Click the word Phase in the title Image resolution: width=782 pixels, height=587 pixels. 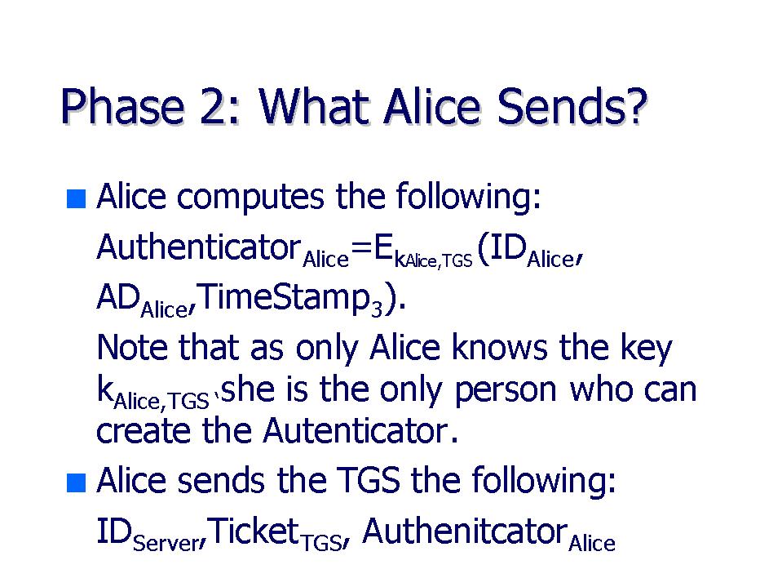coord(122,106)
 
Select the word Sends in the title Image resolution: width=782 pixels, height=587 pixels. coord(555,106)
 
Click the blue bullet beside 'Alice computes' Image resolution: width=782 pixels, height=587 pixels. coord(76,198)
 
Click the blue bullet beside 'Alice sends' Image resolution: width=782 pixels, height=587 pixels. coord(76,482)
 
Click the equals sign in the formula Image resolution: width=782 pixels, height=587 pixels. coord(361,248)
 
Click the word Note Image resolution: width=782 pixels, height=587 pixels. coord(131,347)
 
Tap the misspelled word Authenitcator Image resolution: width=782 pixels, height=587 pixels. coord(465,531)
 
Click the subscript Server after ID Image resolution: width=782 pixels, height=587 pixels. coord(166,543)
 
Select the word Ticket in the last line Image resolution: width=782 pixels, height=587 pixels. coord(254,531)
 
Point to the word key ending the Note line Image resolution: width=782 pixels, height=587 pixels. coord(647,349)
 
